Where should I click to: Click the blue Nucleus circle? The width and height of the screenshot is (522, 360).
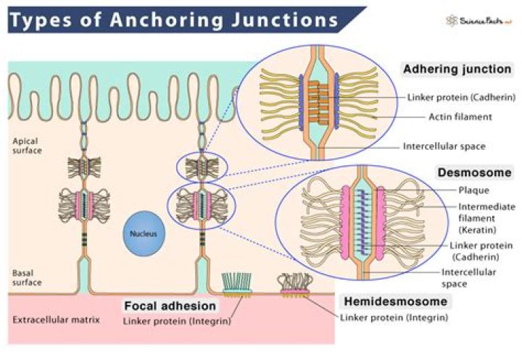[x=138, y=234]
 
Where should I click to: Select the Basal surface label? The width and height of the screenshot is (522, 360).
[x=28, y=278]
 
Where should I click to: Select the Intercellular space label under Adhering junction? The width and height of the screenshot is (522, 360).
[x=444, y=146]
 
